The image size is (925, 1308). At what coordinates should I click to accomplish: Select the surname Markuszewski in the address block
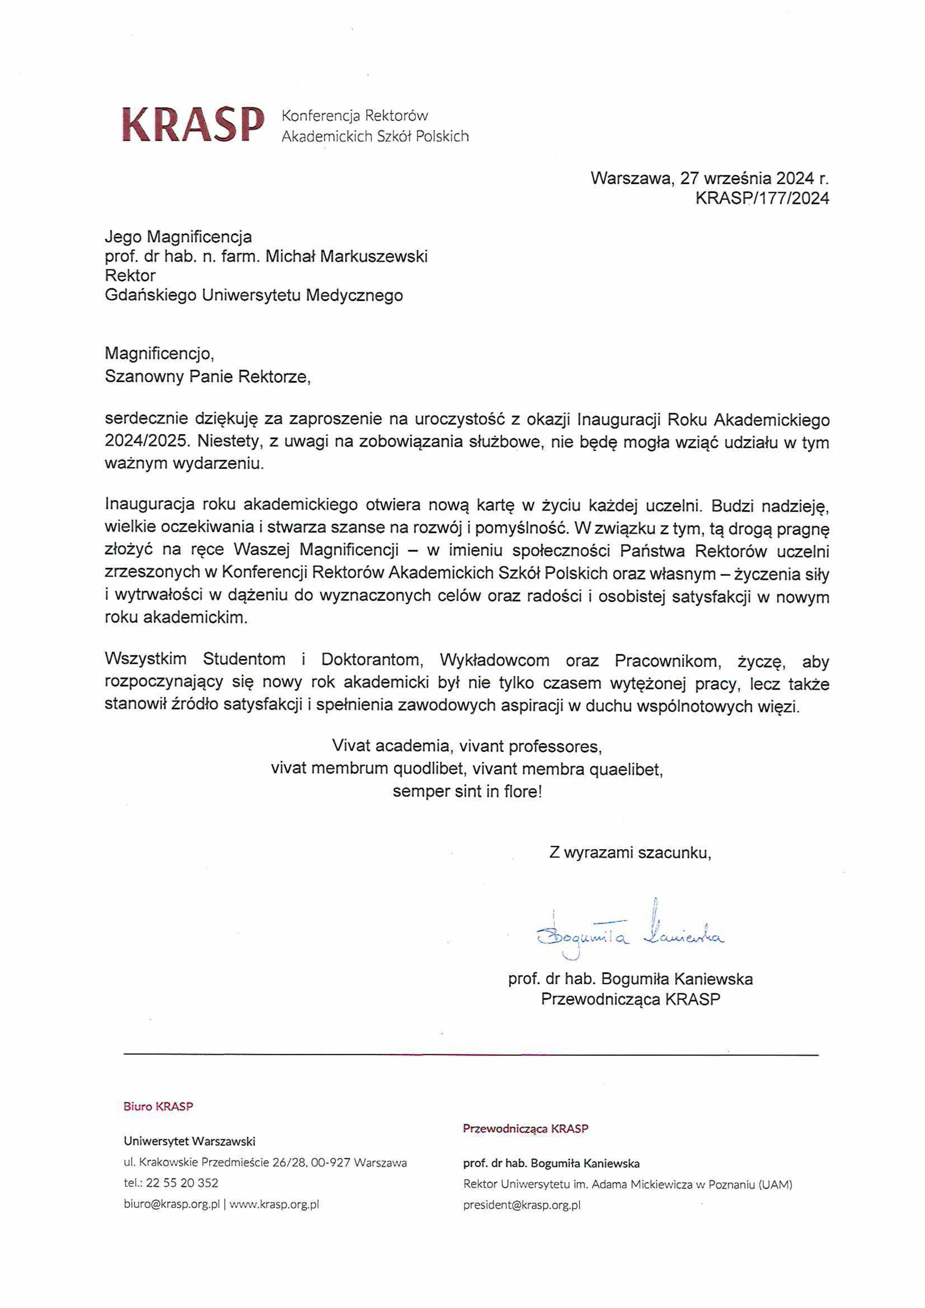pos(373,257)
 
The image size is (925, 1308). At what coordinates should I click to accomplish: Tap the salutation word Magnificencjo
pos(159,354)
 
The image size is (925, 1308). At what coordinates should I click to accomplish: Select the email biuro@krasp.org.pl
pos(172,1204)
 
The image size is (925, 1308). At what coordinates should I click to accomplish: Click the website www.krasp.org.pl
pos(274,1204)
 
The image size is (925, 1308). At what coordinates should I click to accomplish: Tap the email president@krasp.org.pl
pos(521,1205)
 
